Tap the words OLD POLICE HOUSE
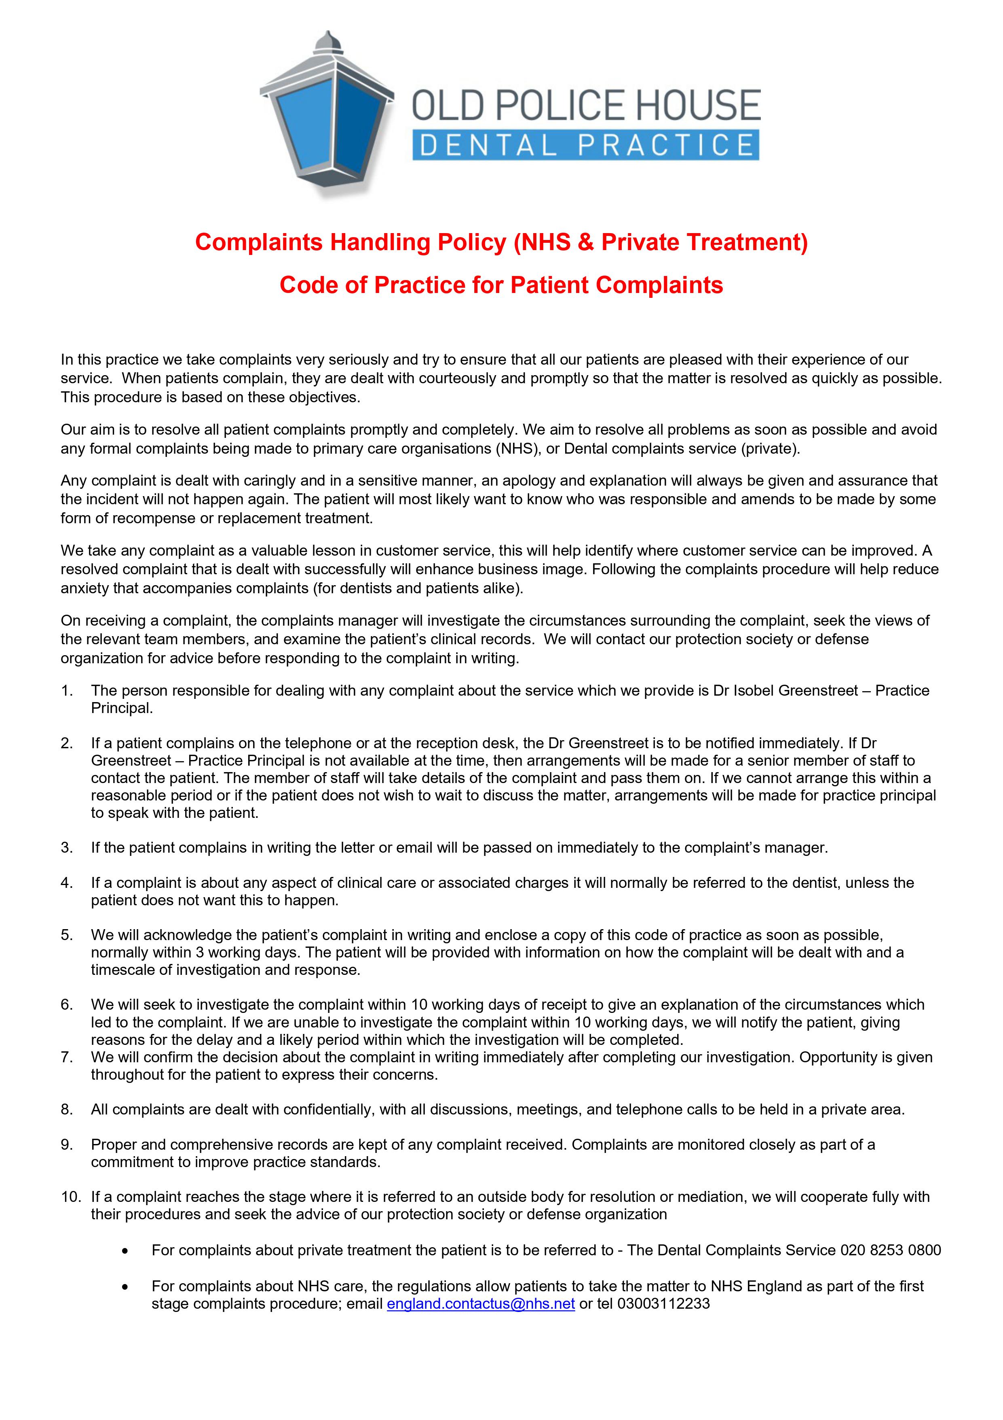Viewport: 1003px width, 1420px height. click(586, 105)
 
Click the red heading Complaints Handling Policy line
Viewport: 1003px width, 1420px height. click(501, 242)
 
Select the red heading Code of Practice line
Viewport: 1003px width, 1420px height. click(501, 285)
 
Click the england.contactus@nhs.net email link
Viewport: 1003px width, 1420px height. click(480, 1304)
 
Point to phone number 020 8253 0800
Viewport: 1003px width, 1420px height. click(890, 1250)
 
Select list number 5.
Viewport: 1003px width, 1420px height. click(67, 935)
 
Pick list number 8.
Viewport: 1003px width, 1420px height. click(67, 1110)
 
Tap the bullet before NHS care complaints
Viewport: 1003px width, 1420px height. click(126, 1287)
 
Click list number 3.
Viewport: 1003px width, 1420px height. click(67, 848)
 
